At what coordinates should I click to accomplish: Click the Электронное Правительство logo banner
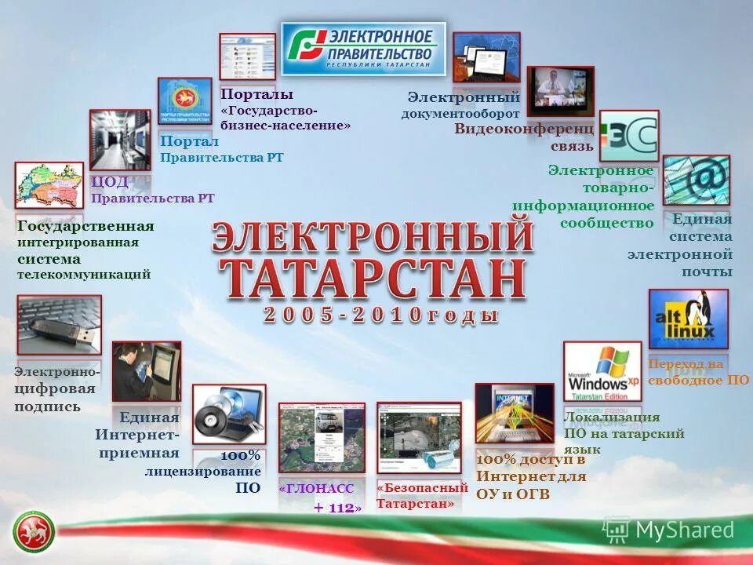point(363,49)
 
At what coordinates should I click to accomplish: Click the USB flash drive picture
point(59,324)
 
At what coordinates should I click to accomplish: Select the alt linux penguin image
point(688,319)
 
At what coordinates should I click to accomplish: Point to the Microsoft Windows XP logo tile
point(602,371)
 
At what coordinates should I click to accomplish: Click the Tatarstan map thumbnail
point(49,185)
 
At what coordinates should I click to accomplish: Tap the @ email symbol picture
point(696,180)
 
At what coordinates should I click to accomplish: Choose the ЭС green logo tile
point(629,136)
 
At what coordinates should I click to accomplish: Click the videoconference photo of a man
point(560,91)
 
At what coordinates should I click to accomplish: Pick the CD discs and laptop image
point(229,414)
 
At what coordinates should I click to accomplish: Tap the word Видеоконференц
point(524,129)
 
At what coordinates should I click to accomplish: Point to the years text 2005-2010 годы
point(381,315)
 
